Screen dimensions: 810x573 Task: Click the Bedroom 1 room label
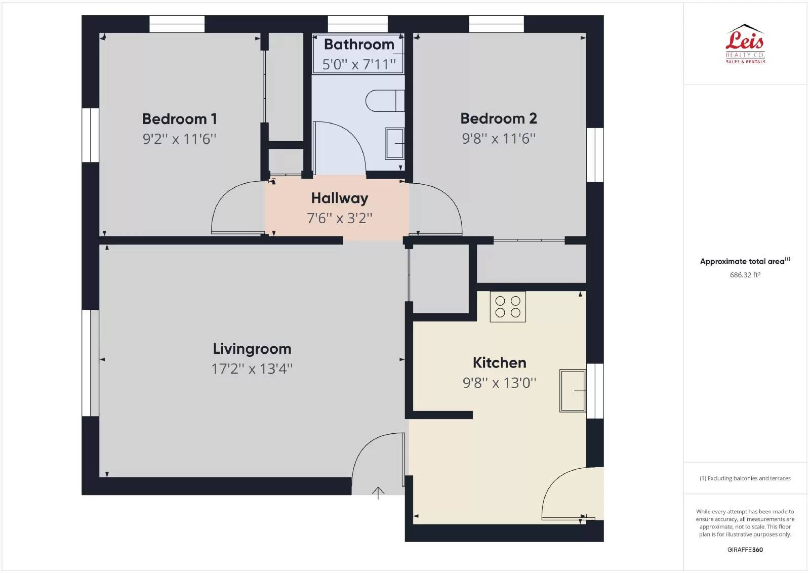tap(179, 119)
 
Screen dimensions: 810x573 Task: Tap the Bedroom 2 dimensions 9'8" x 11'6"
tap(499, 139)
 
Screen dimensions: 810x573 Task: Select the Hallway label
tap(340, 198)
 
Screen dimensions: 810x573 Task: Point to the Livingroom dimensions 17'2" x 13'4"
tap(252, 369)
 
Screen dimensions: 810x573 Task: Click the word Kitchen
tap(499, 362)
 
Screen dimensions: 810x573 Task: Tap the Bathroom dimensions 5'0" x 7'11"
tap(359, 64)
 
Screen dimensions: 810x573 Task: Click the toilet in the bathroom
tap(385, 101)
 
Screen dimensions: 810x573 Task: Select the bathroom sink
tap(394, 144)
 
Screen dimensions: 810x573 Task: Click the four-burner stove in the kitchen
tap(508, 307)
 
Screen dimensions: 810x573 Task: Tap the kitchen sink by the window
tap(573, 390)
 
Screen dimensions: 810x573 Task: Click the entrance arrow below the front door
tap(378, 493)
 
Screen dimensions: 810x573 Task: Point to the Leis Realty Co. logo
tap(745, 44)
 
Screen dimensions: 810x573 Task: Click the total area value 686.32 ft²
tap(745, 275)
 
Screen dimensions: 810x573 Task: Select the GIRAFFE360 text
tap(745, 550)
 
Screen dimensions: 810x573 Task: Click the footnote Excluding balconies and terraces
tap(745, 478)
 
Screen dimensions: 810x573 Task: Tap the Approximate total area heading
tap(745, 261)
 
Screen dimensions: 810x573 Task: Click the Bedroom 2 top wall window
tap(497, 24)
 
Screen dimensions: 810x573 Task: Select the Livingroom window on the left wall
tap(91, 363)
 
